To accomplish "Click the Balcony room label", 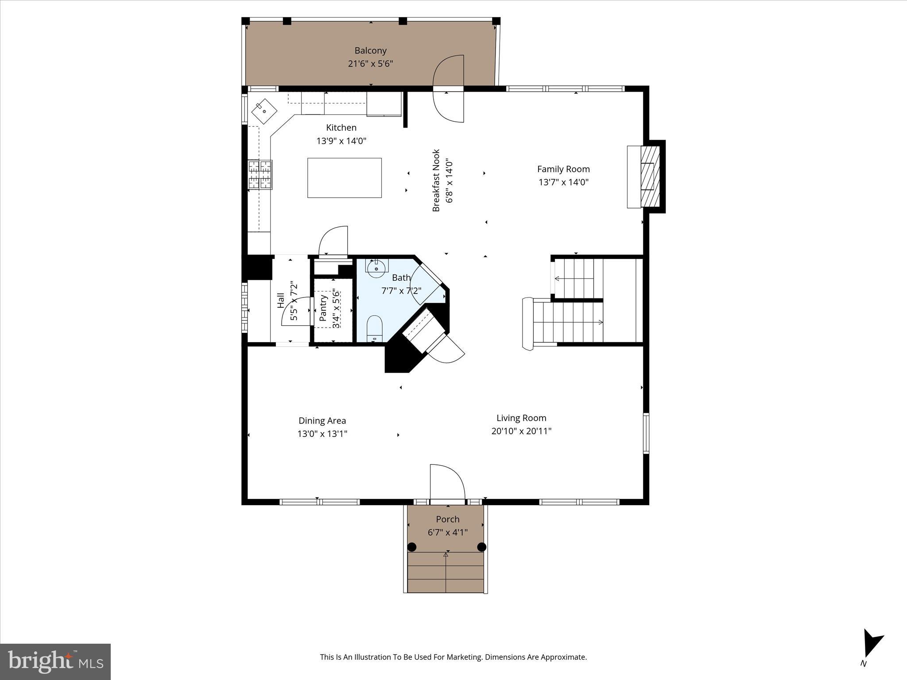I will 370,50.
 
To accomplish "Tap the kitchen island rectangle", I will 344,178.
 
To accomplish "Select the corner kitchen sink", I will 264,111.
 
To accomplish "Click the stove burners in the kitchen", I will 260,174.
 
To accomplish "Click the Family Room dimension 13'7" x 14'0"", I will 563,182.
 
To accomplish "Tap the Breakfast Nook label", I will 436,180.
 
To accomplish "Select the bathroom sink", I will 376,269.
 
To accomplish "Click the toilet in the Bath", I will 375,328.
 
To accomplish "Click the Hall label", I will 281,301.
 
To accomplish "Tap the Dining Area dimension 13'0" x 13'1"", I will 322,434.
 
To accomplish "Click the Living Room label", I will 521,418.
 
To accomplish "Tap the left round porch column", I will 412,547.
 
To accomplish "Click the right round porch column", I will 482,547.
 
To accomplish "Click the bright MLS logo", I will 55,661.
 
